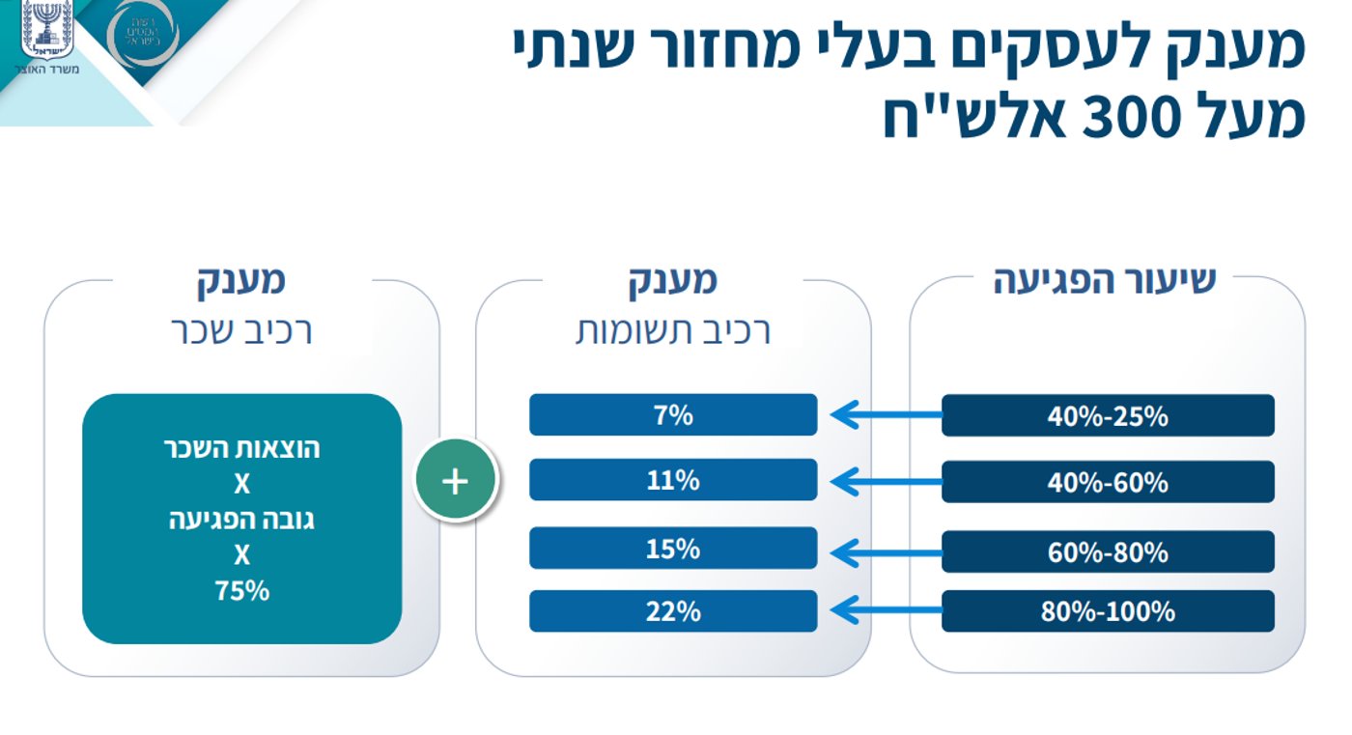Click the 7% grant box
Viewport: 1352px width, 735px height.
tap(673, 415)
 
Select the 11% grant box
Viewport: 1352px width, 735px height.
tap(673, 480)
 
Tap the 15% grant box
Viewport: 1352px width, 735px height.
tap(673, 549)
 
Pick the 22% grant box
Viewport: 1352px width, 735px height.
tap(673, 611)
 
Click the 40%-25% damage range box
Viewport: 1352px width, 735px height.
tap(1108, 416)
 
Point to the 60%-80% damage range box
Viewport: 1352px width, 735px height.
tap(1108, 552)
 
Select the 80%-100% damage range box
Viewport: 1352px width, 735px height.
tap(1108, 611)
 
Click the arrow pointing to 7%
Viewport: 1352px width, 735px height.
tap(884, 415)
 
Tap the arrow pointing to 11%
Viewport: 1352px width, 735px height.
tap(884, 481)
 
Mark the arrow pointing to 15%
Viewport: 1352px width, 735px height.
tap(884, 552)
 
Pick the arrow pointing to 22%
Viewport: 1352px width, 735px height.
tap(884, 610)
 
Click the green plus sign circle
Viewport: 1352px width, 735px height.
tap(456, 480)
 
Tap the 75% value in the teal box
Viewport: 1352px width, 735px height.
tap(241, 591)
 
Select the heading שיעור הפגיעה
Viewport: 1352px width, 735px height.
tap(1105, 280)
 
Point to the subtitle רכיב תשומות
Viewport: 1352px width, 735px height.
tap(673, 331)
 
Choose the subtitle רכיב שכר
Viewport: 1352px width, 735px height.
tap(241, 331)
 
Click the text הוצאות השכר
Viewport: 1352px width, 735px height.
tap(241, 449)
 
